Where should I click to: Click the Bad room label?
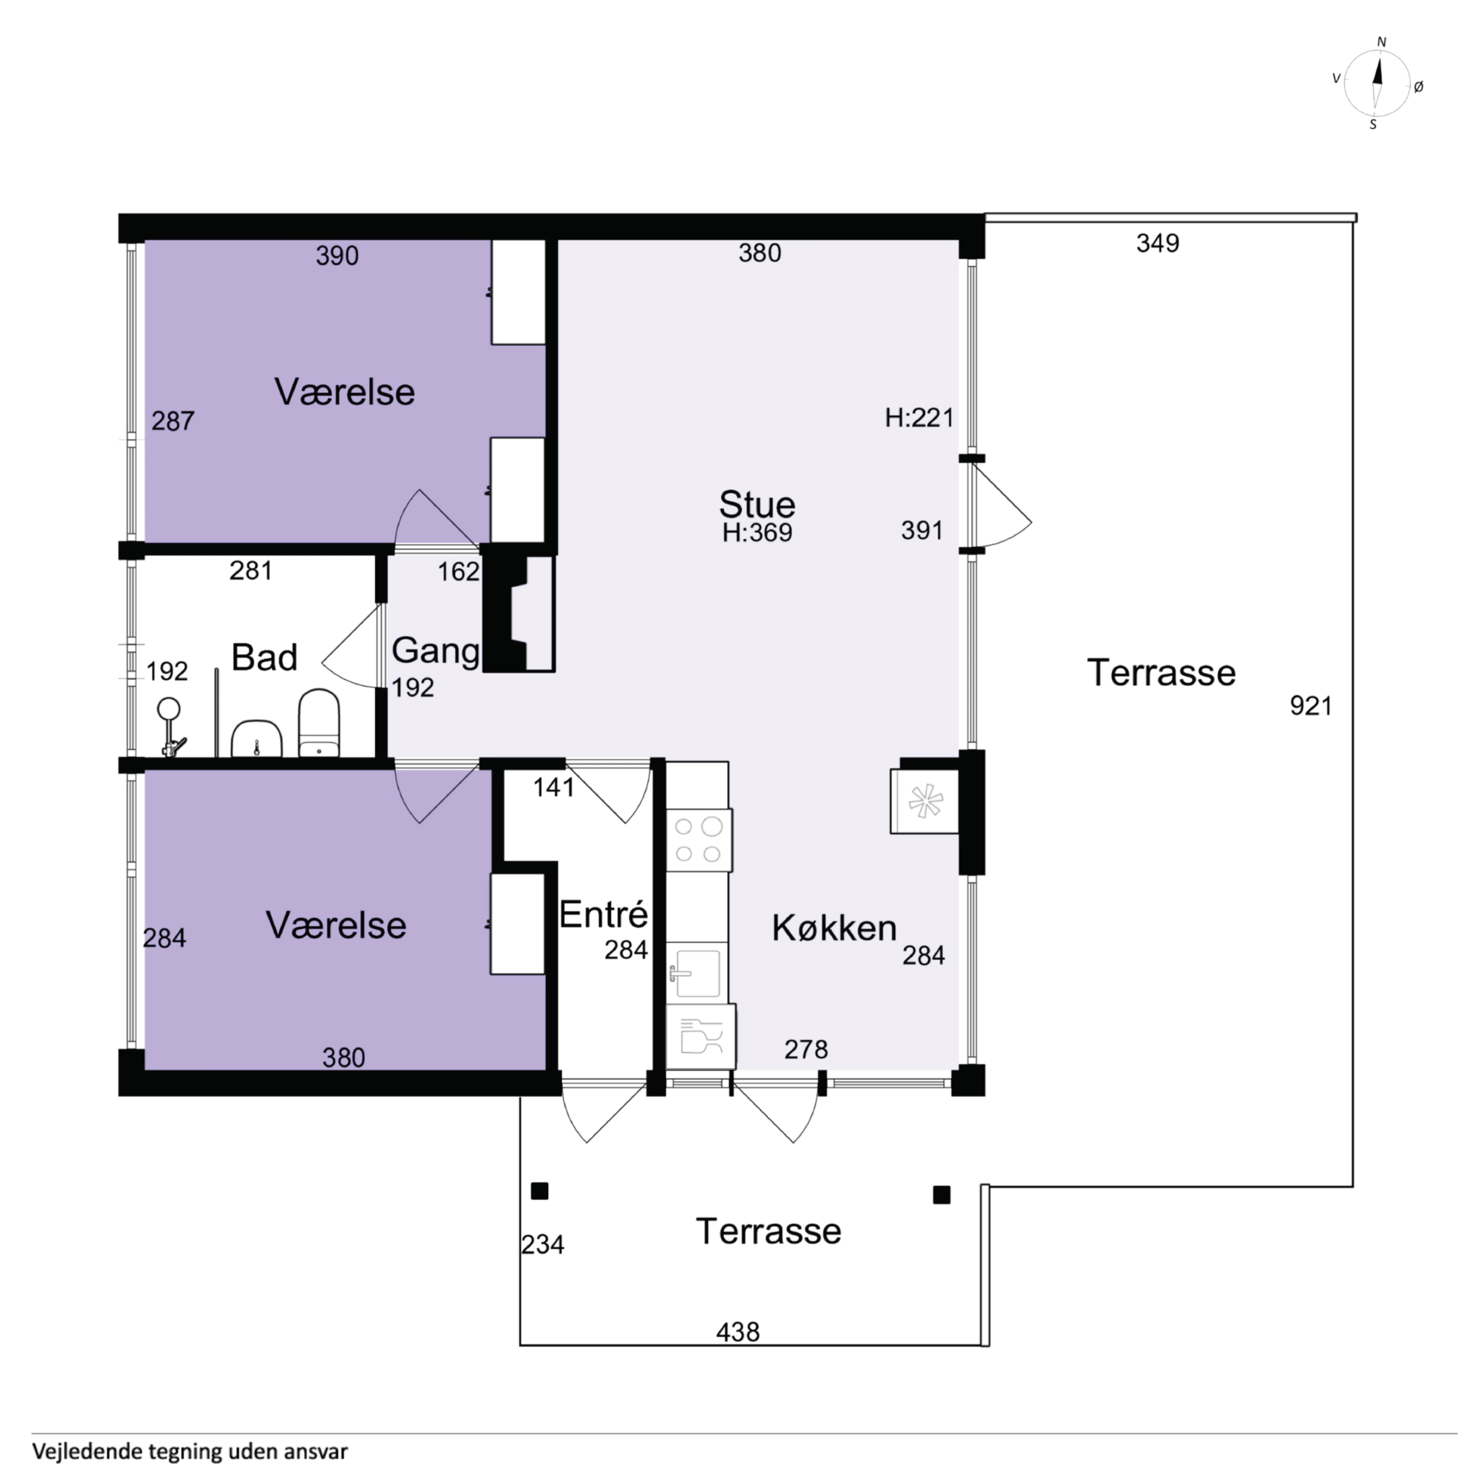point(264,658)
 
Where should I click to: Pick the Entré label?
point(604,914)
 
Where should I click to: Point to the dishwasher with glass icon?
point(701,1036)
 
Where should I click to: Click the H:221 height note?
point(919,418)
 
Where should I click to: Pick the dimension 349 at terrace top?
point(1158,243)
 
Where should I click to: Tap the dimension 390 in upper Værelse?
point(337,256)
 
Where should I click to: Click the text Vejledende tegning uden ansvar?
point(190,1452)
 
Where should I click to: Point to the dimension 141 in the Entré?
point(554,787)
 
